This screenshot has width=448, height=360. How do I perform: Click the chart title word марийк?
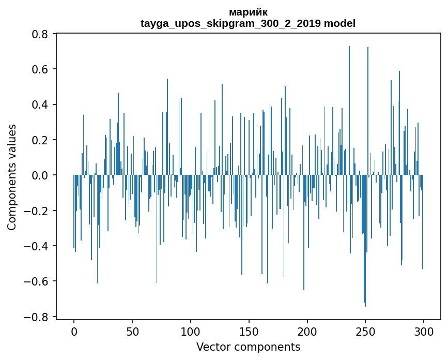pos(248,12)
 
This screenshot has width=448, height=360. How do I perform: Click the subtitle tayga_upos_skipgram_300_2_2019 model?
pos(248,23)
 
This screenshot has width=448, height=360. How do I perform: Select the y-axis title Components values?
pos(12,177)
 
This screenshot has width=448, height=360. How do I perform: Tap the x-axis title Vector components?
pos(248,347)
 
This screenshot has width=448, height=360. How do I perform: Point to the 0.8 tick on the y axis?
pos(41,34)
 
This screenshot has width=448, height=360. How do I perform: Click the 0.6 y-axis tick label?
pos(41,69)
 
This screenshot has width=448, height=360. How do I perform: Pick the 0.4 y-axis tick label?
pos(41,104)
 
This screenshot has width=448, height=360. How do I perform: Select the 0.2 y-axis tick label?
pos(41,140)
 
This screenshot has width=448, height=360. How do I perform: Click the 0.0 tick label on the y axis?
pos(41,175)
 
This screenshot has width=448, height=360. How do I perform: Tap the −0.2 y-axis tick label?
pos(37,211)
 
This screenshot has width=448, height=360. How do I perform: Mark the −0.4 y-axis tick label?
pos(37,246)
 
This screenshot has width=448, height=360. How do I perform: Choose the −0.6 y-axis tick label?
pos(37,281)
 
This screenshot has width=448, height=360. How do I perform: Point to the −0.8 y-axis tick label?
pos(37,317)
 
